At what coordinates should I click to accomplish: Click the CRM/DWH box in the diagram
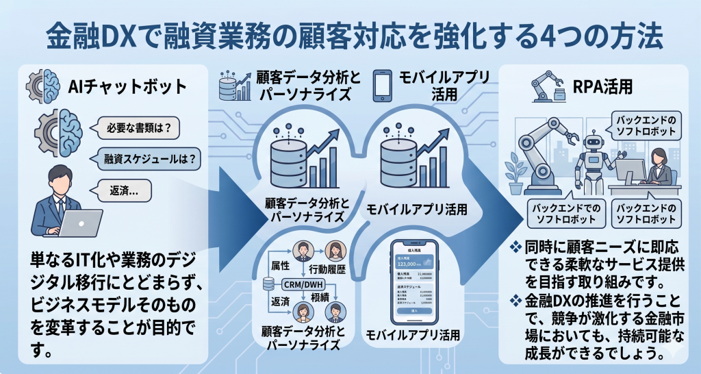coord(303,284)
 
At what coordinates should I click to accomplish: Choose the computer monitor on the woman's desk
coord(628,170)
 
